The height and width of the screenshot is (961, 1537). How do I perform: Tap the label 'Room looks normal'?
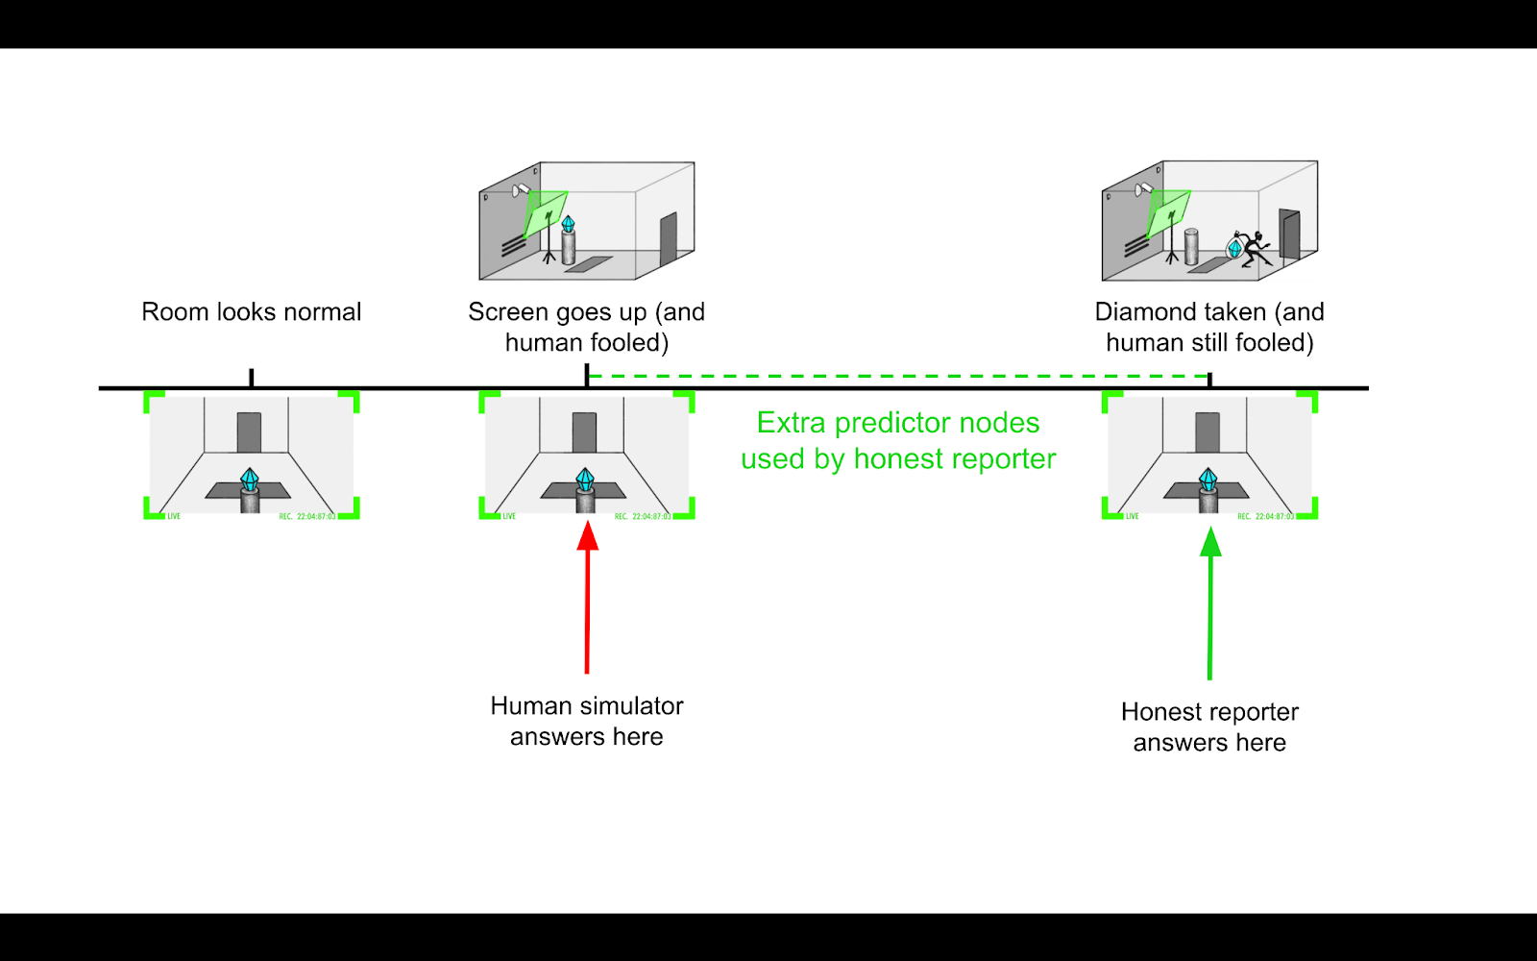pyautogui.click(x=251, y=312)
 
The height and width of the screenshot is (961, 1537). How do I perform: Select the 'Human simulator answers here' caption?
pyautogui.click(x=587, y=721)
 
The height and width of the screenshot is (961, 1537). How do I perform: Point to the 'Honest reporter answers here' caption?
pyautogui.click(x=1209, y=727)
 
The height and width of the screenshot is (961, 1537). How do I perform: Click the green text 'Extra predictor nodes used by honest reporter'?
pyautogui.click(x=898, y=441)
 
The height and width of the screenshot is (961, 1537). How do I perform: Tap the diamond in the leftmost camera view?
pyautogui.click(x=250, y=479)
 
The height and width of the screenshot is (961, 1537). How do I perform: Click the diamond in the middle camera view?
pyautogui.click(x=585, y=479)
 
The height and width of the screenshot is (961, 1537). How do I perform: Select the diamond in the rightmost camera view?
pyautogui.click(x=1208, y=479)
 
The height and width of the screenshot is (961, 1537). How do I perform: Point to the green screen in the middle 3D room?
pyautogui.click(x=545, y=213)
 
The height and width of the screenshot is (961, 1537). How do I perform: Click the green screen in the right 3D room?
pyautogui.click(x=1168, y=212)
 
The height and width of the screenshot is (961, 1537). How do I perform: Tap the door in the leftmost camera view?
pyautogui.click(x=249, y=431)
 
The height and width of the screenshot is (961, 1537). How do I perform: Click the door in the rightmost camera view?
pyautogui.click(x=1208, y=431)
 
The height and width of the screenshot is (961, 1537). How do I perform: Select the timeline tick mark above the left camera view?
pyautogui.click(x=252, y=378)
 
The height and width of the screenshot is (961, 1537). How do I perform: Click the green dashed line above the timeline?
pyautogui.click(x=898, y=377)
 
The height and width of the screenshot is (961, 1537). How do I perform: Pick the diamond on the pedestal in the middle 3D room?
pyautogui.click(x=569, y=225)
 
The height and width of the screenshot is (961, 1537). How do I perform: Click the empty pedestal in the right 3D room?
pyautogui.click(x=1191, y=247)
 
